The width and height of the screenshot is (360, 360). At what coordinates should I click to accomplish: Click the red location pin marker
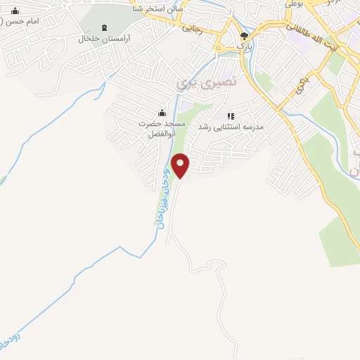pos(181,165)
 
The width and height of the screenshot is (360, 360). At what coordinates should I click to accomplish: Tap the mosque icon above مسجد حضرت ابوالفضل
pos(162,112)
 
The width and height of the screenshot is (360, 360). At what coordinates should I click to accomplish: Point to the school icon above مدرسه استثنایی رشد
pos(230,115)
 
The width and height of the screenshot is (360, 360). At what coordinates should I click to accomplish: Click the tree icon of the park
pos(244,36)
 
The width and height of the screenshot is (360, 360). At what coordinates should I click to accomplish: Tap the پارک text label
pos(243,46)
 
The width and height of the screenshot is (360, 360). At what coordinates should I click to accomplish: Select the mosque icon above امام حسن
pos(15,11)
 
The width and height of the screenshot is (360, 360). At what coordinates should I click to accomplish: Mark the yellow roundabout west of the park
pos(219,47)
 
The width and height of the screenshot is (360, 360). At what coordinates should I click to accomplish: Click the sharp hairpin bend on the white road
pos(212,262)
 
